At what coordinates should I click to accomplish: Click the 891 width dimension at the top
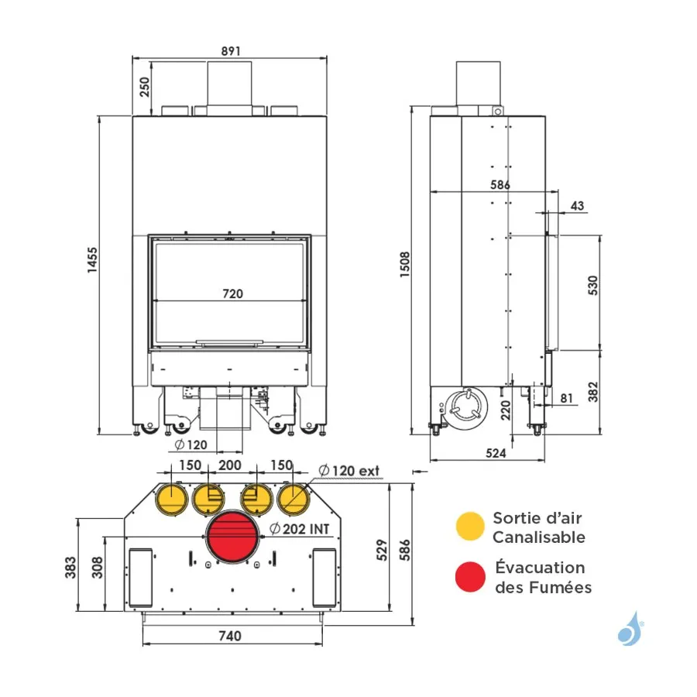[x=231, y=50]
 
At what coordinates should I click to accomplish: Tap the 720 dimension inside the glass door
[x=232, y=294]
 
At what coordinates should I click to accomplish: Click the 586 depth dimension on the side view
[x=500, y=185]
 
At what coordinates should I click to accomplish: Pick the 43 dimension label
[x=578, y=205]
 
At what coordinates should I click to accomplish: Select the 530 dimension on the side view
[x=593, y=287]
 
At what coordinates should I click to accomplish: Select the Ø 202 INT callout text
[x=300, y=530]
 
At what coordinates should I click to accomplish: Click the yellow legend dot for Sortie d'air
[x=470, y=526]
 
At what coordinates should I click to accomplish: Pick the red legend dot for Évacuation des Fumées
[x=470, y=578]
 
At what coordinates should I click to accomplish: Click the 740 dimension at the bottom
[x=230, y=636]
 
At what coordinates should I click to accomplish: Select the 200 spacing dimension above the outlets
[x=230, y=465]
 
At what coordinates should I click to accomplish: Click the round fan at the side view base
[x=464, y=406]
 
